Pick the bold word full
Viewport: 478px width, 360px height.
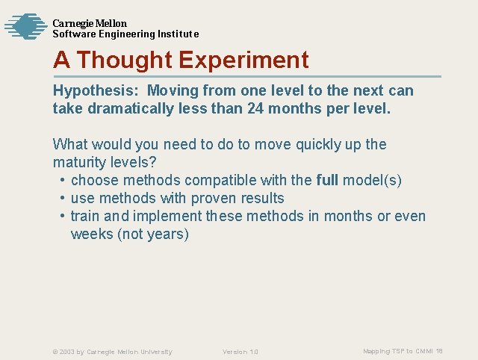click(327, 180)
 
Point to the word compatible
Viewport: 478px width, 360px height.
click(212, 180)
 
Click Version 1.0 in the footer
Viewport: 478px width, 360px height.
click(240, 352)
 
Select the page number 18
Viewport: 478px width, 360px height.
click(439, 351)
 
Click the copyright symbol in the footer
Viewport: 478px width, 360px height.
click(55, 352)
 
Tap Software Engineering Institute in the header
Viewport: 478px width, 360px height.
click(125, 34)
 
